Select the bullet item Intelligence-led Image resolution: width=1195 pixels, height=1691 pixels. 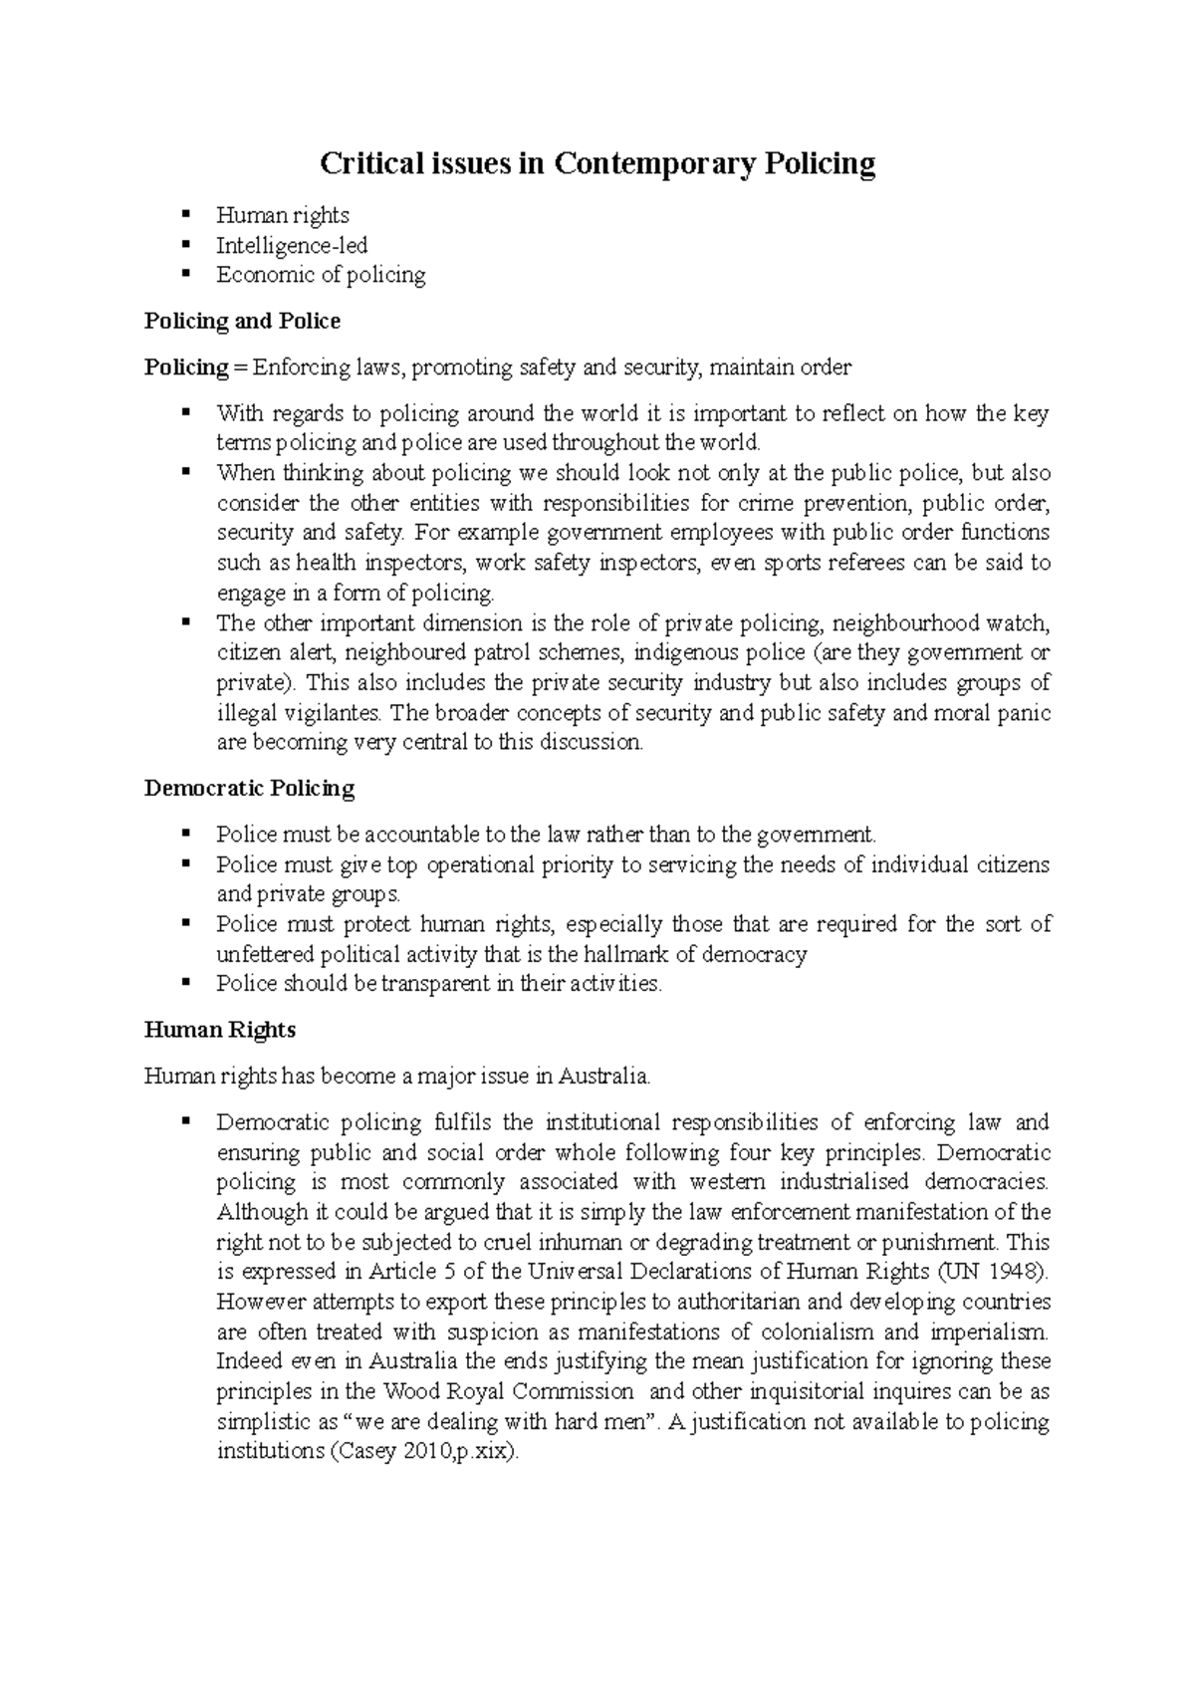292,245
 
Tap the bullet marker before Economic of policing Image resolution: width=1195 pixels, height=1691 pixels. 186,274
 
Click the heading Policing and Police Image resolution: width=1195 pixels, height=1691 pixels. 242,321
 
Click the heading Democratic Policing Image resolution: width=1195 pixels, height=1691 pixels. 249,789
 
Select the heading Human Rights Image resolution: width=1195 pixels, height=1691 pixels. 219,1030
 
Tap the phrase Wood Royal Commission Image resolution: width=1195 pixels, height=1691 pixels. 508,1391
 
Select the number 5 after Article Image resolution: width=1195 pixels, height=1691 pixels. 449,1272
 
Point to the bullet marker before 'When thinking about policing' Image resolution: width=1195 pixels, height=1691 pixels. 186,472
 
